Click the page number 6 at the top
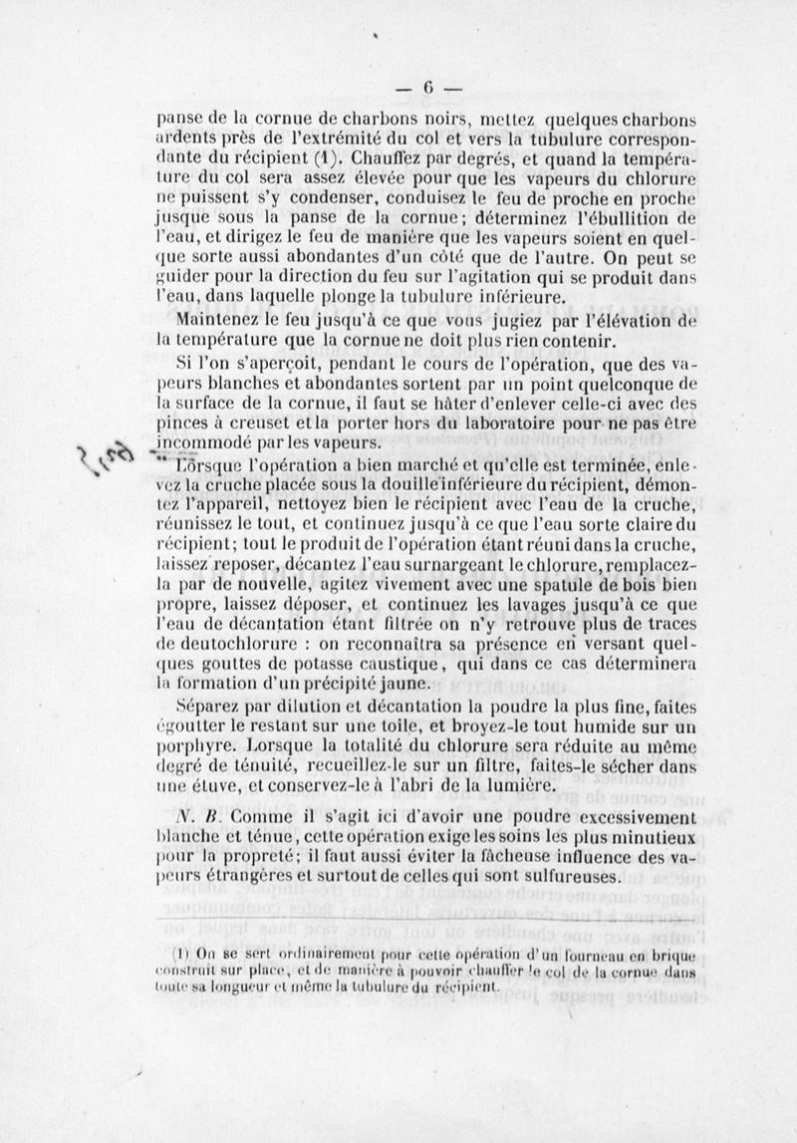coord(427,85)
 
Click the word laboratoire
coord(487,424)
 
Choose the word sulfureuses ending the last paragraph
coord(574,877)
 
